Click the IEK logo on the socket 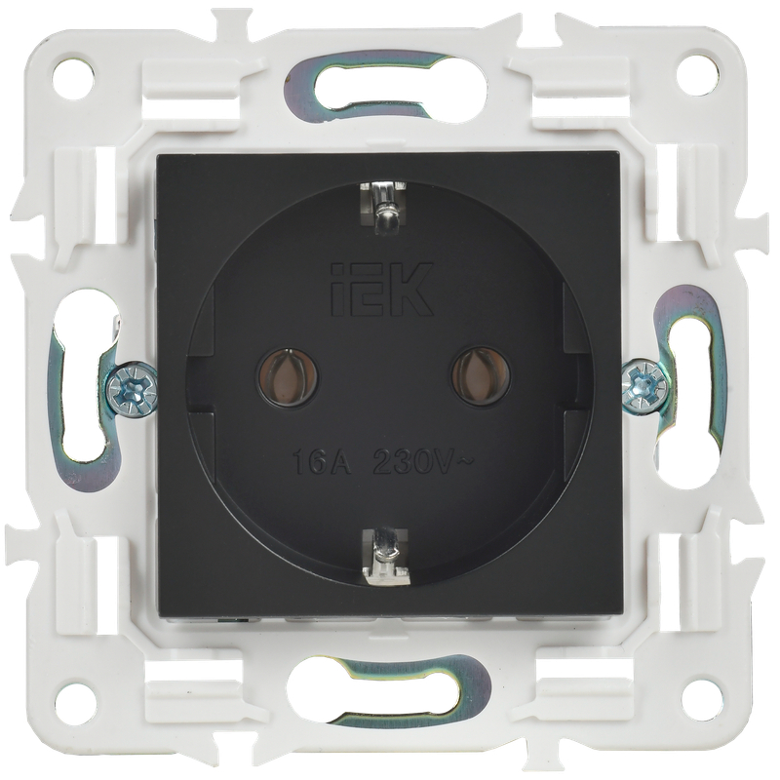pyautogui.click(x=382, y=290)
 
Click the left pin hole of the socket pyautogui.click(x=288, y=377)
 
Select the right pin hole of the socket pyautogui.click(x=481, y=375)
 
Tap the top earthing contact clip pyautogui.click(x=384, y=206)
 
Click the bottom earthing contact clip pyautogui.click(x=386, y=556)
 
